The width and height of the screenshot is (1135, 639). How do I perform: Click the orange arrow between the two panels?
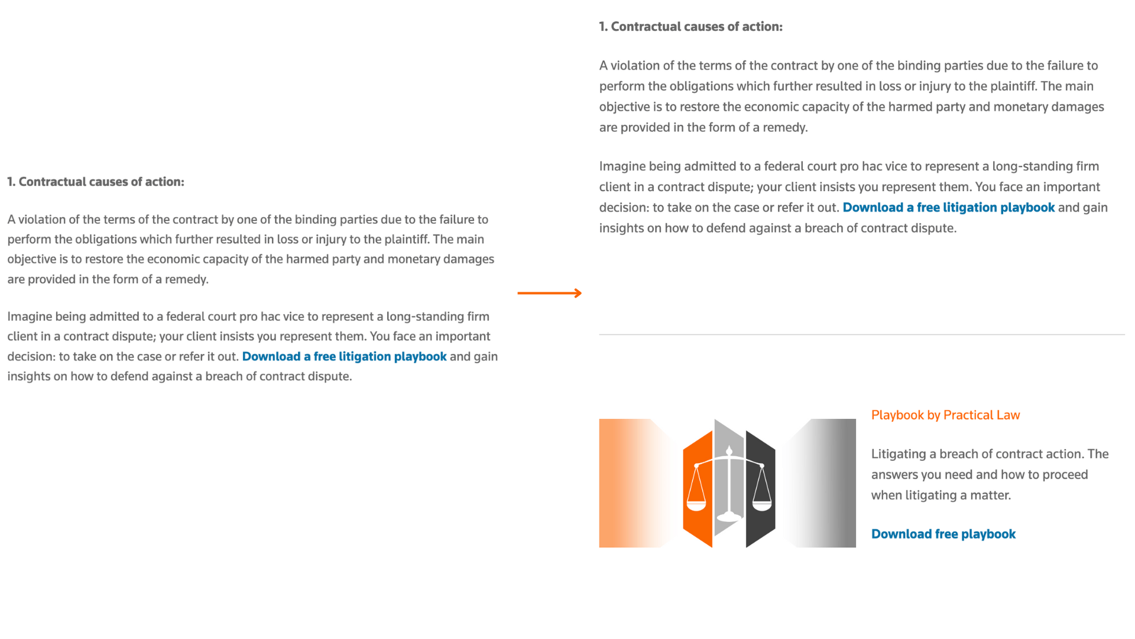click(x=549, y=293)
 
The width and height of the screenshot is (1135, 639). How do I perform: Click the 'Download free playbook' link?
click(x=943, y=534)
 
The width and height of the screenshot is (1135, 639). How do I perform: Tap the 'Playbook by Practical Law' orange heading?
click(x=945, y=415)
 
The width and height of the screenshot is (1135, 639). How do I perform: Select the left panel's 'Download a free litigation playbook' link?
click(x=344, y=356)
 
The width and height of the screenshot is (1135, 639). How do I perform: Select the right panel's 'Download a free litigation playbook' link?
click(x=948, y=207)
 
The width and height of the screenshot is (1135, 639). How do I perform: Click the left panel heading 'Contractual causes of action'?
click(x=100, y=182)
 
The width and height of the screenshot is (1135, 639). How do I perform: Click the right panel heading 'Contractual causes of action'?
click(x=696, y=27)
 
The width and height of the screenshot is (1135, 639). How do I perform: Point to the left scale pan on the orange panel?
click(x=696, y=505)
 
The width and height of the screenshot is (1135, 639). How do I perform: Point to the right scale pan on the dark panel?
click(x=762, y=505)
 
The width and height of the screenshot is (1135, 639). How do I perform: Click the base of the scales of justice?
click(x=729, y=518)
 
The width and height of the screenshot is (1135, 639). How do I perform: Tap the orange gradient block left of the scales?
click(x=627, y=483)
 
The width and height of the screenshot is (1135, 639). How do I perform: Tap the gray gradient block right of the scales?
click(x=828, y=483)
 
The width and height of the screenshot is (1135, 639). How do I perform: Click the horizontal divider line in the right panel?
click(x=861, y=335)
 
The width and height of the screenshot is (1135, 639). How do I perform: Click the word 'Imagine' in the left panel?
click(x=30, y=317)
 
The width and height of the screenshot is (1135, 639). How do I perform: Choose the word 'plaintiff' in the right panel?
click(x=1012, y=86)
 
